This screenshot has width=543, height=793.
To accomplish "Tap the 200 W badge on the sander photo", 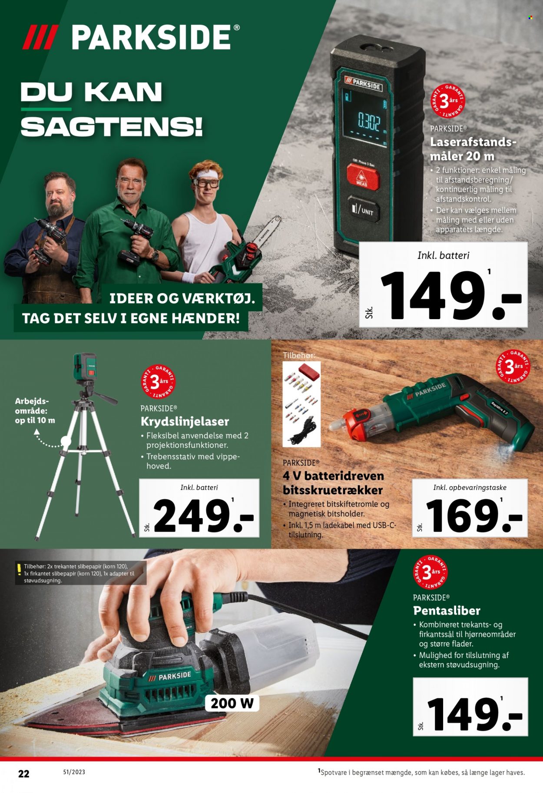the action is click(232, 703).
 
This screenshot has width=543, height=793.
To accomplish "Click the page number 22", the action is click(24, 773).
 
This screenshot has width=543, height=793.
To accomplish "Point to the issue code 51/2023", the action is click(74, 772).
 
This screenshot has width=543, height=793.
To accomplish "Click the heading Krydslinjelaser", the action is click(185, 422).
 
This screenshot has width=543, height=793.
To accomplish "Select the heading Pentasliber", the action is click(447, 611).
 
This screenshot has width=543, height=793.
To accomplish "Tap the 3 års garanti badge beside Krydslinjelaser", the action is click(159, 381).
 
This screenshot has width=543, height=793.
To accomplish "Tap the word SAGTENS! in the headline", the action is click(112, 127).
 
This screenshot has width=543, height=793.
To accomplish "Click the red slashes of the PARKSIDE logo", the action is click(40, 37).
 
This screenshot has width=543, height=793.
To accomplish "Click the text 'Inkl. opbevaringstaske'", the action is click(470, 488).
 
